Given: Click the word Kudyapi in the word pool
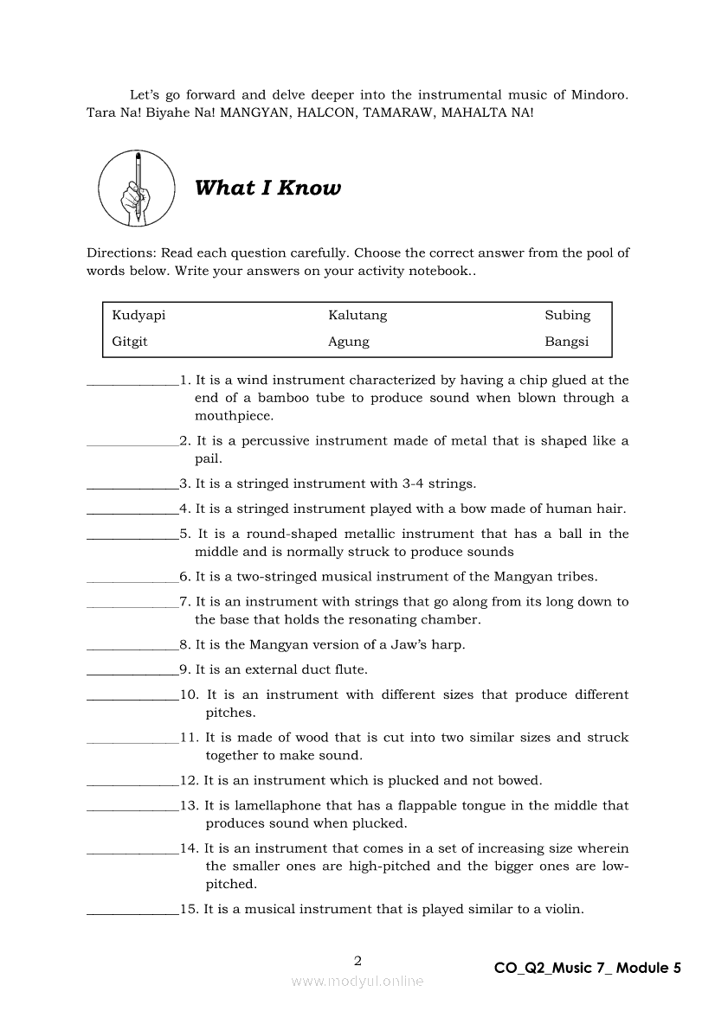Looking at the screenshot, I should (138, 316).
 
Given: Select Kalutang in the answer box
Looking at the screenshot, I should (357, 316).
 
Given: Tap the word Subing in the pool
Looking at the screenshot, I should (567, 316).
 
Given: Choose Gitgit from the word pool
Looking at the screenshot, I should (130, 342).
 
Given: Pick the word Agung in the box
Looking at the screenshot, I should (348, 342).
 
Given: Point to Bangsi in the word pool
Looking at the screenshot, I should (566, 342).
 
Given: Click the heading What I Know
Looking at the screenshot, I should (267, 189).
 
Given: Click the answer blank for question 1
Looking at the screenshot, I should (132, 381).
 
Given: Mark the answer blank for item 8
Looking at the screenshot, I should (132, 646).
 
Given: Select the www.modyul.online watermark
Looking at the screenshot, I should (357, 982).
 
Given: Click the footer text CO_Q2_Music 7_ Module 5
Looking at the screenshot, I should (588, 969).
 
